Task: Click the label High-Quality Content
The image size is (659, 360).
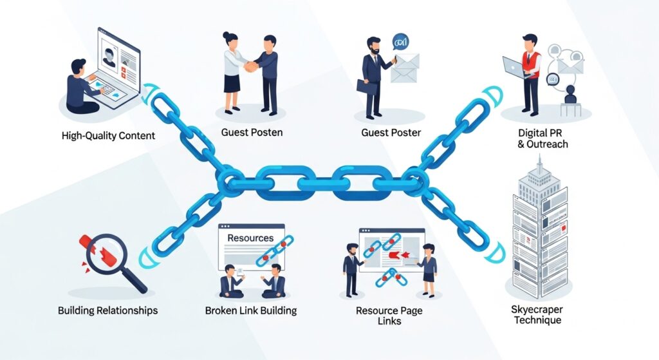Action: [x=108, y=136]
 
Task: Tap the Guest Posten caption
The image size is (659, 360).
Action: [x=252, y=133]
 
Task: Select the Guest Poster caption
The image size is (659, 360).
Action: [x=391, y=133]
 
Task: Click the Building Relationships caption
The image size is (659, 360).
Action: [x=107, y=310]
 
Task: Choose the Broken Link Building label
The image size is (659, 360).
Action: [x=250, y=310]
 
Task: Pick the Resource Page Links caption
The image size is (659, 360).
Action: [x=390, y=316]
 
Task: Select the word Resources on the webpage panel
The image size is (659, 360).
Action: [x=250, y=238]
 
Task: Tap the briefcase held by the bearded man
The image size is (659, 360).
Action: [x=366, y=87]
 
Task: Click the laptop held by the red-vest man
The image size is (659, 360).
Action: [x=513, y=66]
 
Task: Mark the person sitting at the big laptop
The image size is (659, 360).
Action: [x=80, y=87]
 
